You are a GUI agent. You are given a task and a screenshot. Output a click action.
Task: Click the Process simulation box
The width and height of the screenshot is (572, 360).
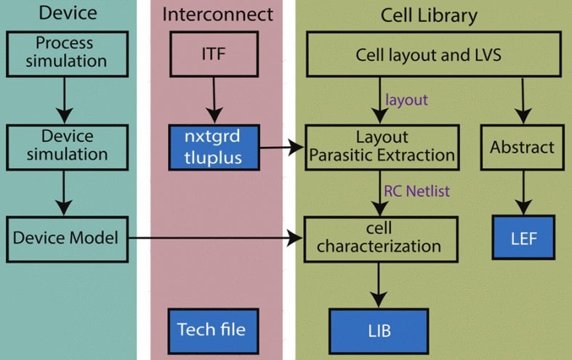(x=67, y=54)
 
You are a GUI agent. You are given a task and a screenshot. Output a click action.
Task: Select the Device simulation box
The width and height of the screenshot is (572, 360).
(x=67, y=147)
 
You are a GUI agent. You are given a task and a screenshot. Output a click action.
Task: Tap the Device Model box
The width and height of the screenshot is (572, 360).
(x=67, y=239)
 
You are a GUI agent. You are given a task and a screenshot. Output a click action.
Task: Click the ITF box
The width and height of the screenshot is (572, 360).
(x=214, y=54)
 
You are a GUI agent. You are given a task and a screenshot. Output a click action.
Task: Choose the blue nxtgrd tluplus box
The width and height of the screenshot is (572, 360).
(x=214, y=147)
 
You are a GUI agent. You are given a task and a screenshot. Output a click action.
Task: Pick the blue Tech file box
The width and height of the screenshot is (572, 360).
(x=214, y=331)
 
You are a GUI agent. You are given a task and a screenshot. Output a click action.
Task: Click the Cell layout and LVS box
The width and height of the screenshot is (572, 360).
(x=434, y=54)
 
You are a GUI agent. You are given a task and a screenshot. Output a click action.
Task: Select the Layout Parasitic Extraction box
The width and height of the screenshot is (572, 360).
(x=382, y=147)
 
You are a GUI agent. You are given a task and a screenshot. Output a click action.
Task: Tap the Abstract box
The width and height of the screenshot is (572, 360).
(x=523, y=147)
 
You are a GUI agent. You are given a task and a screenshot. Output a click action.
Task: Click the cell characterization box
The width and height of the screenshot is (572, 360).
(x=381, y=239)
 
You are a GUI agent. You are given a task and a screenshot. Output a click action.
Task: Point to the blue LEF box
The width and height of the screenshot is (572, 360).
(x=523, y=237)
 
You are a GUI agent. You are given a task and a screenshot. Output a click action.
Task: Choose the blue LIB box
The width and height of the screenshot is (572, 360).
(x=379, y=331)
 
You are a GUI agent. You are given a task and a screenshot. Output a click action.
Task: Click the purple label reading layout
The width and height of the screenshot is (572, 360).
(x=406, y=100)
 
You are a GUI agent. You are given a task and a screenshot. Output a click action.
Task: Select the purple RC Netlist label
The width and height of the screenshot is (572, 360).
(x=416, y=191)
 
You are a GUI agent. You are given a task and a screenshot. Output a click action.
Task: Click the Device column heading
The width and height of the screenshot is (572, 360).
(x=68, y=13)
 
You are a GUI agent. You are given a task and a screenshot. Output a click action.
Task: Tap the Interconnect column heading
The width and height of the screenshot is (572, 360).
(x=217, y=15)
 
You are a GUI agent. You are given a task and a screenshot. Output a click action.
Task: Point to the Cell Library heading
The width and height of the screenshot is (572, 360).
(x=429, y=16)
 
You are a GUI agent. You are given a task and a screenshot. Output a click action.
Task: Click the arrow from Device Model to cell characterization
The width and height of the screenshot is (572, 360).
(x=216, y=238)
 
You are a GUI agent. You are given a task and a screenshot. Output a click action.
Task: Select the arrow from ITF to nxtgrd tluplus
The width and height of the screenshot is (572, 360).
(x=214, y=100)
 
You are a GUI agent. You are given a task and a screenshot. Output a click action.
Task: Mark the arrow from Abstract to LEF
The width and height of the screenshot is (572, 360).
(x=523, y=193)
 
